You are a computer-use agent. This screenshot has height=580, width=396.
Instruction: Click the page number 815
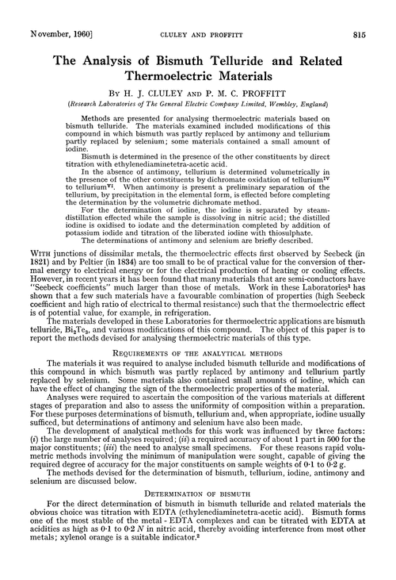[x=377, y=12]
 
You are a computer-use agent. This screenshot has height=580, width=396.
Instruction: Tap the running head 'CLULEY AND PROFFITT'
[x=198, y=12]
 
